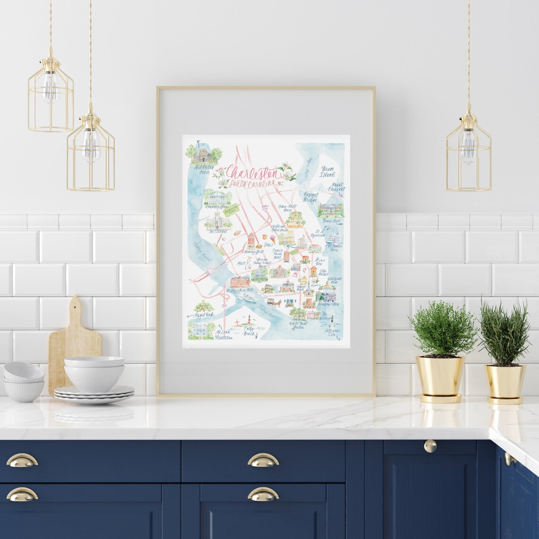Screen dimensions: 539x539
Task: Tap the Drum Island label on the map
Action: tap(327, 171)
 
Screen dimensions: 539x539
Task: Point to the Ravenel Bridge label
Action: tap(310, 197)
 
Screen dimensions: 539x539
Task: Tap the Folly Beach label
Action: tap(249, 330)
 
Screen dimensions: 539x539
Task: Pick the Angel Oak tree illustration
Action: tap(205, 306)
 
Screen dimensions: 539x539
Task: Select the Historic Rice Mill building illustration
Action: tap(240, 282)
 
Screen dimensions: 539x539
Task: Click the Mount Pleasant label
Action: tap(336, 188)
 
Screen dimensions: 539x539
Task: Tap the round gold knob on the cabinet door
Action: tap(430, 445)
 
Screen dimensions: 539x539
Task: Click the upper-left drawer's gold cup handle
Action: tap(22, 460)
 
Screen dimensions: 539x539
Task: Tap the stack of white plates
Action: tap(94, 393)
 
